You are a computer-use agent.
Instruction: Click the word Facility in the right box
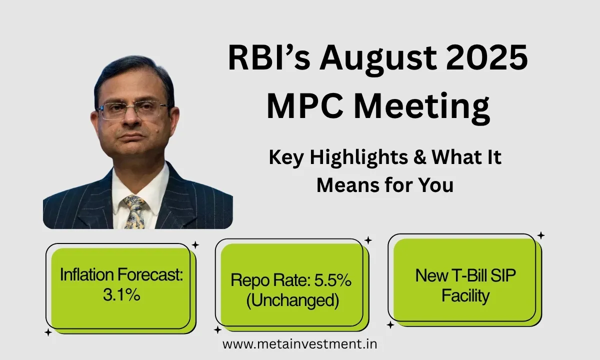tap(465, 296)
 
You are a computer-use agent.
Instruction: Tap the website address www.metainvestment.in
tap(299, 344)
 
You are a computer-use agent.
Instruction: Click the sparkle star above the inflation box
tap(195, 245)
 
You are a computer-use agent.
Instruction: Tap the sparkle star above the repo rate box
tap(368, 240)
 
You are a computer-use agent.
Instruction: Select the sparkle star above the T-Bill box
tap(540, 235)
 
